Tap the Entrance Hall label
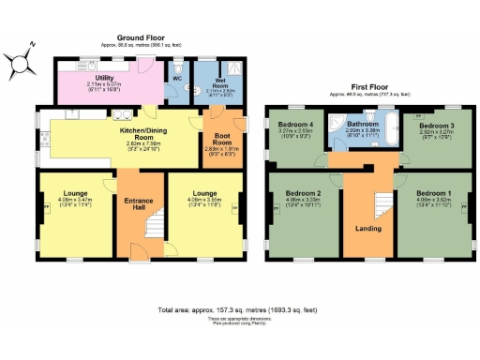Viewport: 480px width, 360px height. coord(139,202)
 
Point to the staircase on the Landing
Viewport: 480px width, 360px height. coord(382,202)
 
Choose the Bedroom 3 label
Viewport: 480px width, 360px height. coord(436,125)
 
